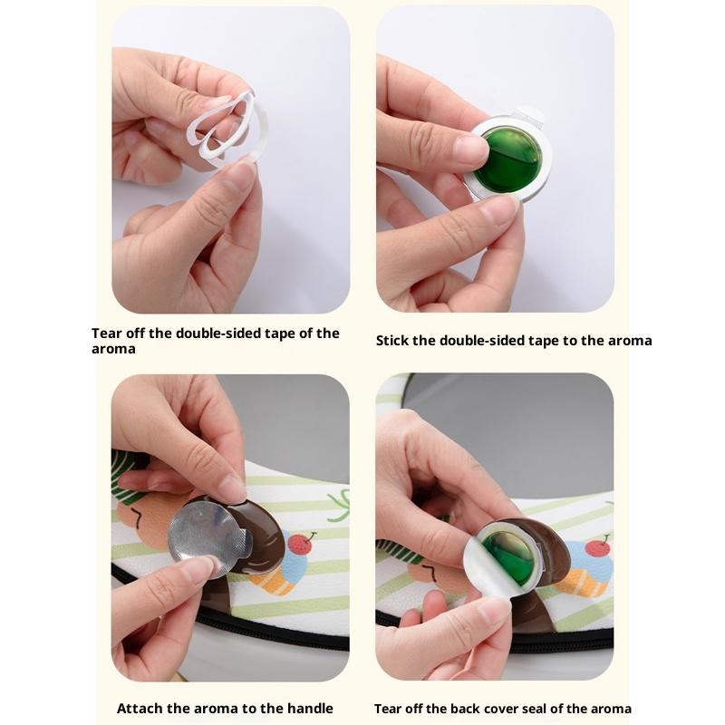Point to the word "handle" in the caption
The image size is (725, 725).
[310, 709]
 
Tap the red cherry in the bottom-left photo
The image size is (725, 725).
[301, 545]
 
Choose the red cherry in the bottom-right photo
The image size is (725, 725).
[597, 547]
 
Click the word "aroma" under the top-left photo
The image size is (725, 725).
[113, 349]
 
